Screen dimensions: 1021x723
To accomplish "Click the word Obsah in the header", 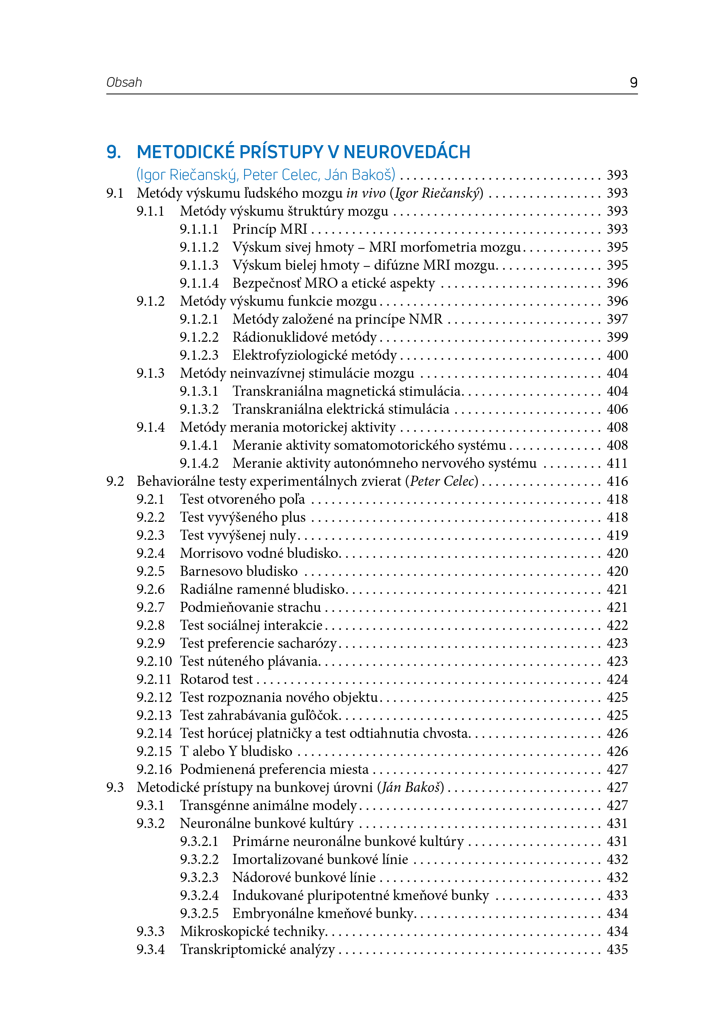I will pyautogui.click(x=124, y=82).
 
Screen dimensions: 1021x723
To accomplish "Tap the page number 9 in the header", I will pyautogui.click(x=633, y=82).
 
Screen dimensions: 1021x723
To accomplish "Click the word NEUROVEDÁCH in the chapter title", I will pyautogui.click(x=407, y=152).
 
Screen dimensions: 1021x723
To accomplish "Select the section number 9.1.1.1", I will pyautogui.click(x=199, y=229).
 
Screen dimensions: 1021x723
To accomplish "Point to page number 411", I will pyautogui.click(x=617, y=463).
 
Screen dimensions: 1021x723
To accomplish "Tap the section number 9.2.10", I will pyautogui.click(x=154, y=661).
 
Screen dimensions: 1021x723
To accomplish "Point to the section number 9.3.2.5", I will pyautogui.click(x=199, y=913).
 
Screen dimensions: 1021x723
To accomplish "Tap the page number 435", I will pyautogui.click(x=617, y=949).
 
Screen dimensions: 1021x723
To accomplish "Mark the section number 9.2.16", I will pyautogui.click(x=154, y=769).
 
